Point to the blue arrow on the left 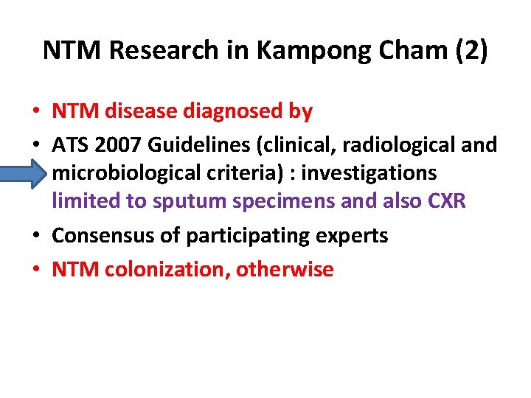pos(27,172)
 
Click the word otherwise pos(285,270)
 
